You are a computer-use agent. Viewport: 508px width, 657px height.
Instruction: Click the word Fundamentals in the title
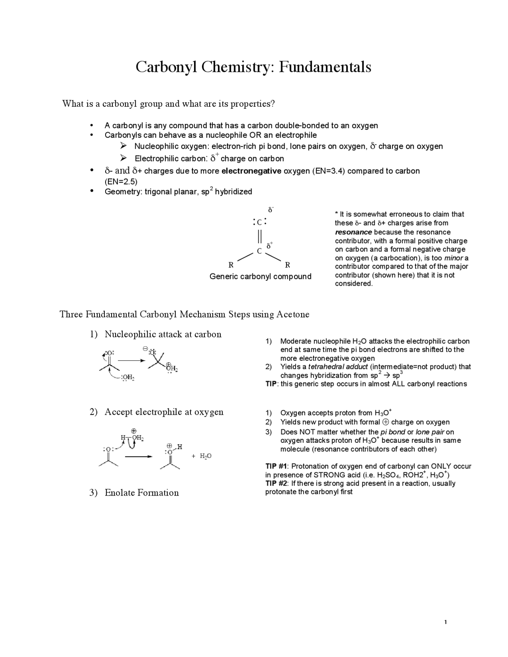point(325,67)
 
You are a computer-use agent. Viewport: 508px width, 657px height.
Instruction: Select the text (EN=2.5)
point(121,182)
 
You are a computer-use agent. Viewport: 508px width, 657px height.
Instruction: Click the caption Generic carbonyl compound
point(260,277)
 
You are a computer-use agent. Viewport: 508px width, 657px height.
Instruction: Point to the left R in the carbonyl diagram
point(231,265)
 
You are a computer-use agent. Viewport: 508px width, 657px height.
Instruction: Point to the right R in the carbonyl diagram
point(288,265)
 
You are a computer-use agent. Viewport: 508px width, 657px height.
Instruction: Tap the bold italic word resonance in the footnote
point(353,232)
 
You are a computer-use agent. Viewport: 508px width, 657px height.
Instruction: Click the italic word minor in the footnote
point(453,258)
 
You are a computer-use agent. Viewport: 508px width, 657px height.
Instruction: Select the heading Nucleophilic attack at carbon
point(163,334)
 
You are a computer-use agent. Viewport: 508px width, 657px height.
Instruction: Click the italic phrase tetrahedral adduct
point(338,367)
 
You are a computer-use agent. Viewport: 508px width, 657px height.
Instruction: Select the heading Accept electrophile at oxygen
point(164,412)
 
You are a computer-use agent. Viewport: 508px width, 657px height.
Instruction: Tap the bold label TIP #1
point(276,466)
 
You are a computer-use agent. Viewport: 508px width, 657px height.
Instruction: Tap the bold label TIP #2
point(276,483)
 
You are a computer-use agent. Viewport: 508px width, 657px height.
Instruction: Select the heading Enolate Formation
point(142,493)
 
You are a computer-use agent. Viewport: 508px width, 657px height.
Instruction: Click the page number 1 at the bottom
point(446,622)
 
